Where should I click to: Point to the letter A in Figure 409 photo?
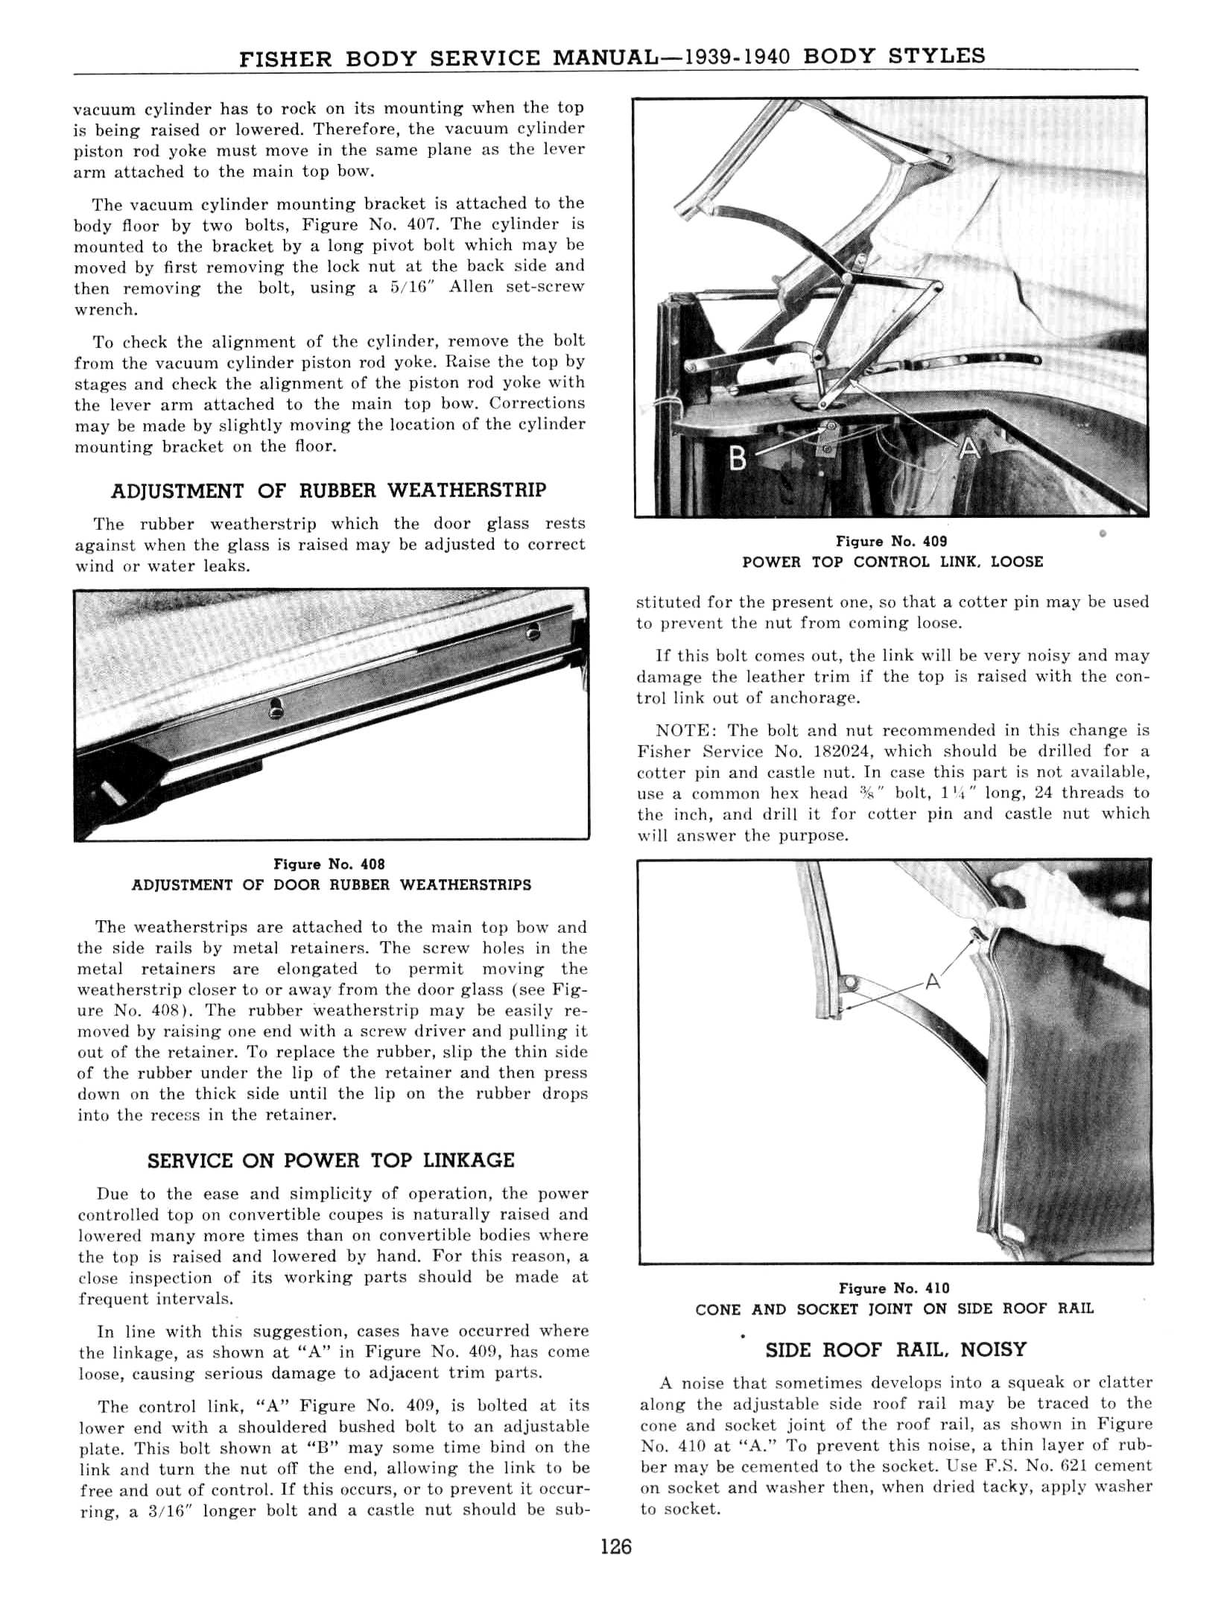968,450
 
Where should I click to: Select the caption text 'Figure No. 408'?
329,864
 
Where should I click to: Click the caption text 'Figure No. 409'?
891,542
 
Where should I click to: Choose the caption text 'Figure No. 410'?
894,1288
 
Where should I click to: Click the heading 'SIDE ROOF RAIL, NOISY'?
895,1350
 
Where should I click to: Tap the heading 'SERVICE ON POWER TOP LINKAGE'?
331,1161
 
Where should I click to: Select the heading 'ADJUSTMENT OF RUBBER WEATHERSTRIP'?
329,491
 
